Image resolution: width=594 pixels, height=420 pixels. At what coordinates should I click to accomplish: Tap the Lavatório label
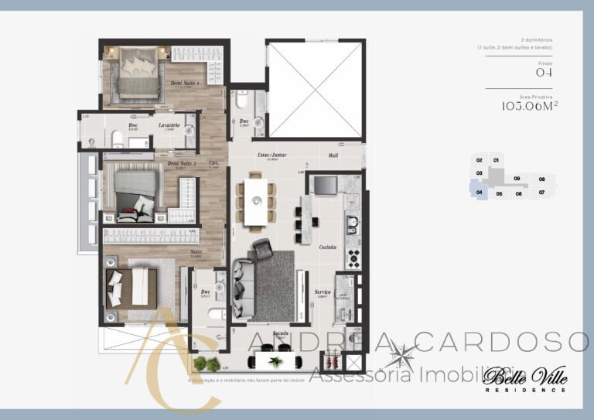click(x=169, y=125)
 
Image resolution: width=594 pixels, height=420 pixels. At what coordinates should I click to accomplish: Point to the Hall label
click(x=333, y=155)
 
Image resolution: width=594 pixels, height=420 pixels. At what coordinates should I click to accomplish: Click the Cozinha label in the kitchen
click(x=326, y=247)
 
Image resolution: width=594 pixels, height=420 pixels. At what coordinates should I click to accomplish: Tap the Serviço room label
click(x=323, y=292)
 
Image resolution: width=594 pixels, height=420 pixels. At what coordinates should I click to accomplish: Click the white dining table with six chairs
click(x=255, y=202)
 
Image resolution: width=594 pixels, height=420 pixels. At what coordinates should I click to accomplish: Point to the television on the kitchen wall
click(x=325, y=185)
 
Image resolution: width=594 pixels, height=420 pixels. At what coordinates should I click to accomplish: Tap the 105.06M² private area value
click(x=530, y=106)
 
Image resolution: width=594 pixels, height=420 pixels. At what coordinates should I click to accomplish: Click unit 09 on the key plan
click(x=517, y=178)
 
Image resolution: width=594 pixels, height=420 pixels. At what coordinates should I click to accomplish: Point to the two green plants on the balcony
click(x=207, y=363)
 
